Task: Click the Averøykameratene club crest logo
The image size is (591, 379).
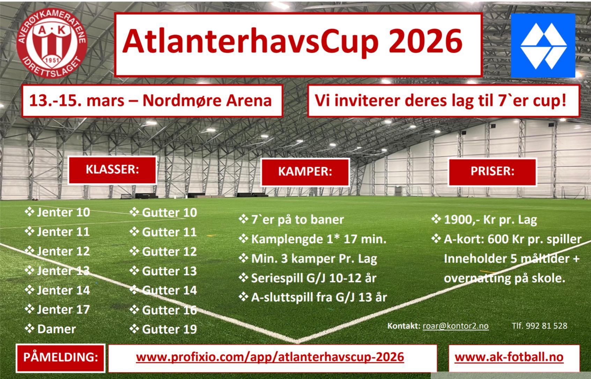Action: (52, 43)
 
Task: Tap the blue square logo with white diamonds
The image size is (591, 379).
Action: (543, 46)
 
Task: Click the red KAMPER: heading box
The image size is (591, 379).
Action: (305, 172)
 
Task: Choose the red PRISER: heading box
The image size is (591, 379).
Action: (492, 171)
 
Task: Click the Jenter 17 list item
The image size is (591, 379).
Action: (58, 309)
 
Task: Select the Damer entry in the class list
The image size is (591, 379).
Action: (50, 329)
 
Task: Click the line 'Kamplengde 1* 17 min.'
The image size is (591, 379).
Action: (313, 239)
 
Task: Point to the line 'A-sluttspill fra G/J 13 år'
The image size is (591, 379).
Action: (313, 297)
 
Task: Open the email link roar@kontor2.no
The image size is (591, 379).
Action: (456, 326)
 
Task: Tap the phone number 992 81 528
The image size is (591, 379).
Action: (546, 326)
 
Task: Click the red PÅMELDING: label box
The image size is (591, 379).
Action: (60, 358)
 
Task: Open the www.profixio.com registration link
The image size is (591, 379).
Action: (270, 357)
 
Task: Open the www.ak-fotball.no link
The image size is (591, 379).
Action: (509, 357)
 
